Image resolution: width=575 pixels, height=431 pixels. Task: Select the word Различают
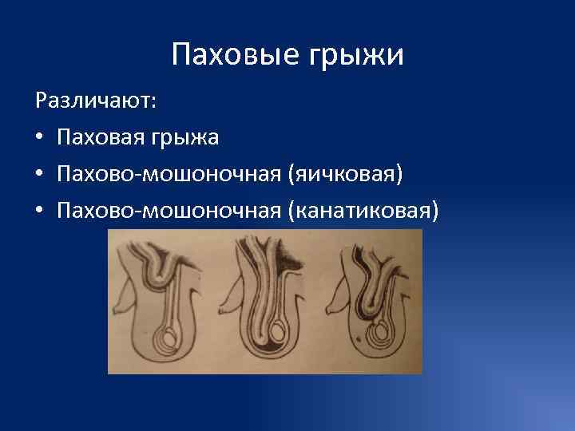click(96, 102)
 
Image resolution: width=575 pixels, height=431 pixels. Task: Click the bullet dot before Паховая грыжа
click(39, 139)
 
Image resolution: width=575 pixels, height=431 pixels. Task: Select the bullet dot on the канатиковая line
click(39, 211)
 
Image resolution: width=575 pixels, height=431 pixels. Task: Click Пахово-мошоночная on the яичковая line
click(166, 174)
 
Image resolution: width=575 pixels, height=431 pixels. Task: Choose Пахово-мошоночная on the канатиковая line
click(166, 210)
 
